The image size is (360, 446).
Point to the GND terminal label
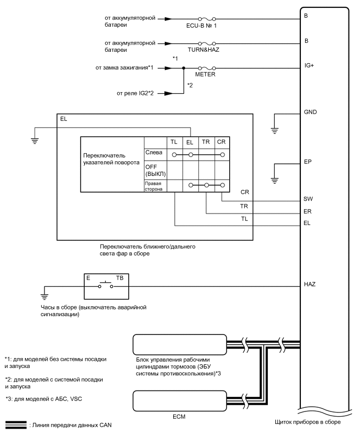(310, 113)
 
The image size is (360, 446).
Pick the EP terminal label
(308, 162)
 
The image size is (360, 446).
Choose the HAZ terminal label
(310, 284)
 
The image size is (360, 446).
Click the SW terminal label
(308, 199)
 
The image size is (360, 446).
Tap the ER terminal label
(308, 213)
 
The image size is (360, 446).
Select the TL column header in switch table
(174, 142)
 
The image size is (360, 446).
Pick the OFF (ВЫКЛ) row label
(154, 171)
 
